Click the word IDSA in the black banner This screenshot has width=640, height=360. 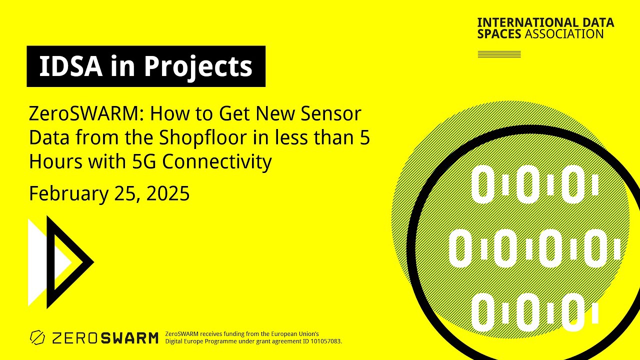[x=69, y=66]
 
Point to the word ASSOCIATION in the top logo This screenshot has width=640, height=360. [x=564, y=34]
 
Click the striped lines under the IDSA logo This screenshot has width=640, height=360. [x=499, y=54]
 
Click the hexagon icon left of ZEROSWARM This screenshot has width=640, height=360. [x=37, y=338]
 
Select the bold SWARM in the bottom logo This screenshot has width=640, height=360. [x=129, y=338]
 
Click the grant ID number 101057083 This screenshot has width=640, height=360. [x=323, y=341]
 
